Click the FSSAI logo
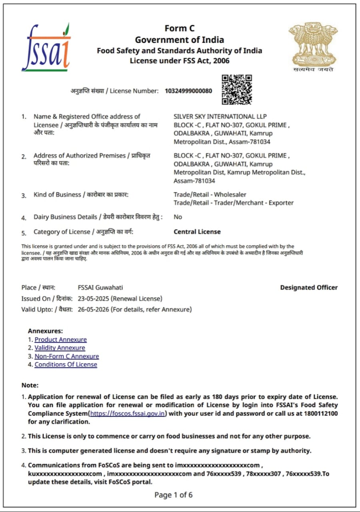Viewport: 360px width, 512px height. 46,48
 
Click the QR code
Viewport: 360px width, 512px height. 237,89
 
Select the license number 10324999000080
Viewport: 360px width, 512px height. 188,91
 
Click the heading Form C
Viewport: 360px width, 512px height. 179,28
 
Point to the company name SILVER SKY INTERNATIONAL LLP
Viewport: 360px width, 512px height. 220,116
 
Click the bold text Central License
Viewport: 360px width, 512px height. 197,232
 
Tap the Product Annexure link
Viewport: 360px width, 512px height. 60,340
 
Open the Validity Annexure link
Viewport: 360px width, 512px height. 60,348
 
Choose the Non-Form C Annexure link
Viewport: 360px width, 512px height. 66,356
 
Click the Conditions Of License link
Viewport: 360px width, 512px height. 66,364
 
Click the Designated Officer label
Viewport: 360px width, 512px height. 309,288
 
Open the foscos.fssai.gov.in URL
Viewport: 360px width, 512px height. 128,414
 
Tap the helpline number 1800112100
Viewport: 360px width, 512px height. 321,414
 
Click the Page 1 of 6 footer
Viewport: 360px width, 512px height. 174,495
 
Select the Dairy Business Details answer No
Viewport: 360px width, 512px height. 178,217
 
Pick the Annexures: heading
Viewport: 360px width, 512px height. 45,331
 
